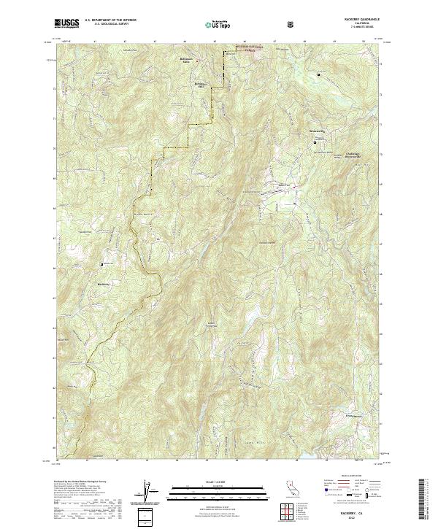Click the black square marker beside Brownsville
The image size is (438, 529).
tap(315, 143)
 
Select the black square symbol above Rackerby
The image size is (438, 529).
tap(102, 263)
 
